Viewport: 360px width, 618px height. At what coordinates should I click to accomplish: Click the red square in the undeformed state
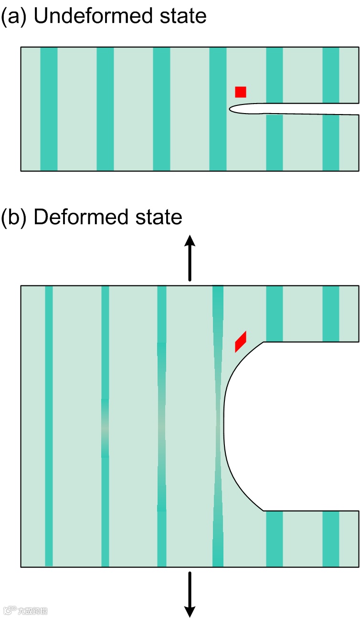tap(241, 92)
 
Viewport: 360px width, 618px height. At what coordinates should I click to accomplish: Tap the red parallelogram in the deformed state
tap(241, 341)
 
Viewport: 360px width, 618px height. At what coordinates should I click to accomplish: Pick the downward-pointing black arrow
tap(190, 594)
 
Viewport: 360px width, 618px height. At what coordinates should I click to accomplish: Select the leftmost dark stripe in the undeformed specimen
tap(49, 109)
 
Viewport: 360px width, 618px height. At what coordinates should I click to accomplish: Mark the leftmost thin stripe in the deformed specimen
tap(49, 426)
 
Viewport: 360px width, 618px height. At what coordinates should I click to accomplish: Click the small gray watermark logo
tap(26, 610)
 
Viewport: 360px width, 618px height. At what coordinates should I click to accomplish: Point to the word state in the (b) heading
tap(161, 217)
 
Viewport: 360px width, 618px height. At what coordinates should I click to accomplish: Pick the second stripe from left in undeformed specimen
tap(105, 109)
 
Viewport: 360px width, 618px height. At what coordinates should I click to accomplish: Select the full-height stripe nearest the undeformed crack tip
tap(218, 109)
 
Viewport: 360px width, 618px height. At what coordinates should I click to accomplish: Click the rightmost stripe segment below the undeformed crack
tap(331, 142)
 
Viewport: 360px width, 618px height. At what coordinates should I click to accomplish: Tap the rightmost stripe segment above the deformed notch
tap(331, 314)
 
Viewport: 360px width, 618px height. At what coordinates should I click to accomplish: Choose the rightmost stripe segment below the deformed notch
tap(331, 539)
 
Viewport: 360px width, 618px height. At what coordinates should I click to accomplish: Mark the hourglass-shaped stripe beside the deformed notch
tap(218, 426)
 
